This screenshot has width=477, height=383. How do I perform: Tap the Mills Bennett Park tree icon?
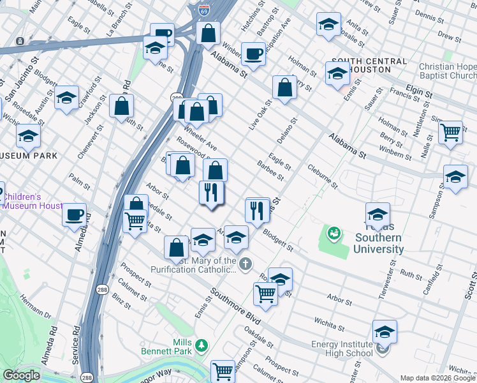click(202, 345)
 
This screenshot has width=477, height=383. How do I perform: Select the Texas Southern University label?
click(379, 243)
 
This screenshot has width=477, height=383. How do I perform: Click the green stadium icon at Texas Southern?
click(333, 234)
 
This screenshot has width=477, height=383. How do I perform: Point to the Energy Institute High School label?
click(342, 349)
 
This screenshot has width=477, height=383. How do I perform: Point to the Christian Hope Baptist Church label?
click(448, 71)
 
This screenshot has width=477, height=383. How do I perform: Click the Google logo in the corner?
click(21, 375)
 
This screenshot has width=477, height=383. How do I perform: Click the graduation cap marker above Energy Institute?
click(385, 332)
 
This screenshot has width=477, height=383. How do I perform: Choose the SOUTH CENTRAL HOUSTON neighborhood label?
click(369, 65)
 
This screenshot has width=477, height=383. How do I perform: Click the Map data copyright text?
click(437, 378)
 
